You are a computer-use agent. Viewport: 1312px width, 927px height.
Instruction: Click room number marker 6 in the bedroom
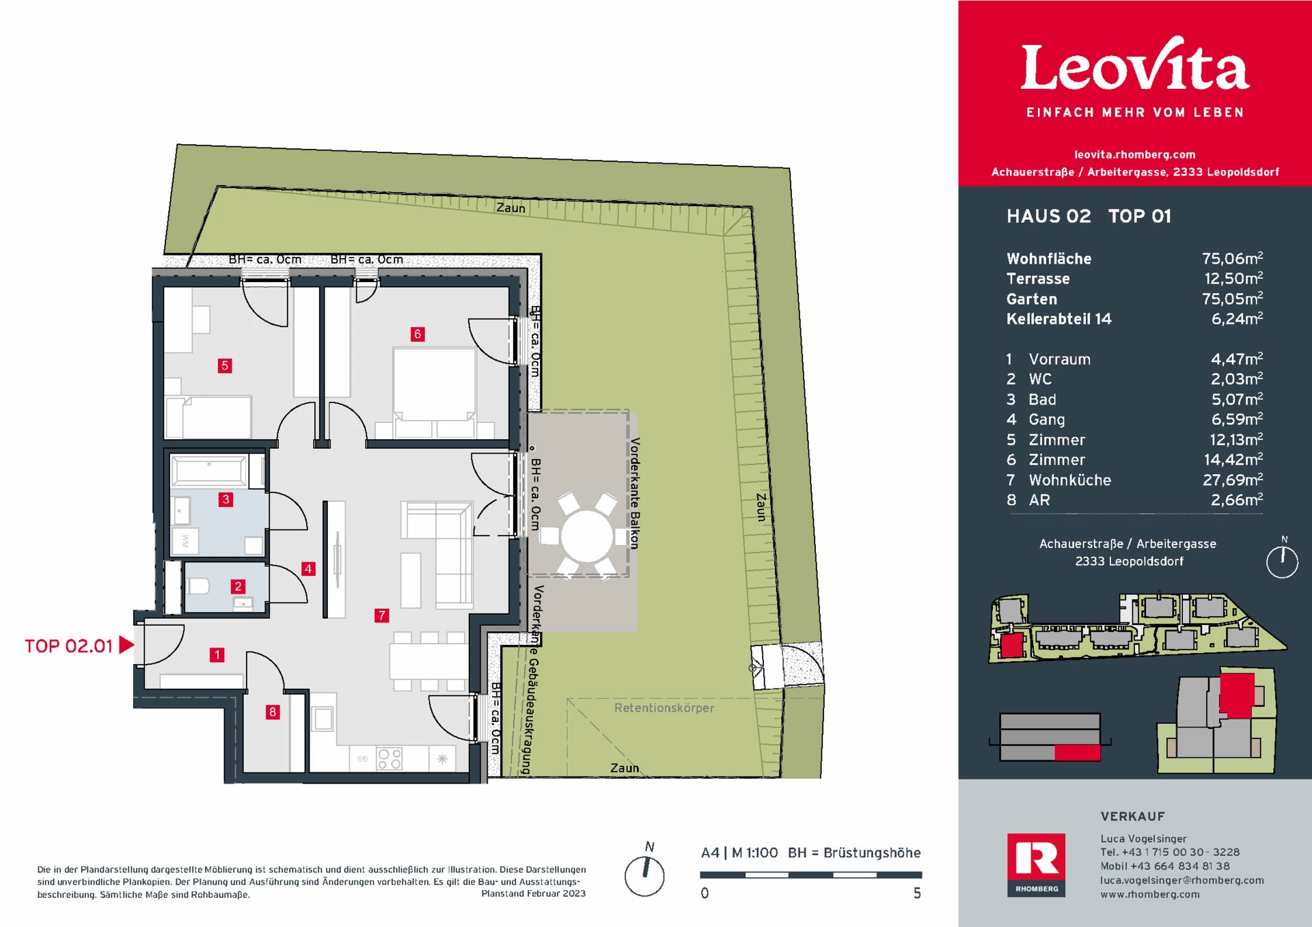[418, 334]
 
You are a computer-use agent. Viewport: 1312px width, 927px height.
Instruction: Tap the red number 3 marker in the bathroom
[225, 499]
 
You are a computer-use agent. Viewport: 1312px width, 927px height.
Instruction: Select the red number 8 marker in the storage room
[273, 712]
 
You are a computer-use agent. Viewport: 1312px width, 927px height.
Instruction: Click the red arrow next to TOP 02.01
[126, 645]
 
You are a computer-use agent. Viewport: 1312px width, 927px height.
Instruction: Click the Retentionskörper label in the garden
[664, 708]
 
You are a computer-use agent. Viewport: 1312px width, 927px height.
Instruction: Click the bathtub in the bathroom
[209, 471]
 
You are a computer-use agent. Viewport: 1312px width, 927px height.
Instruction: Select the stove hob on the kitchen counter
[389, 758]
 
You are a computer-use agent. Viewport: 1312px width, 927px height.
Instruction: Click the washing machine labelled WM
[185, 541]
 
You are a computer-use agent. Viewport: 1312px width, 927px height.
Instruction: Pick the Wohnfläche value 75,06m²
[1232, 258]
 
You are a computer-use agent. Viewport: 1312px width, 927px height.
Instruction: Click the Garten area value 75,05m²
[1232, 299]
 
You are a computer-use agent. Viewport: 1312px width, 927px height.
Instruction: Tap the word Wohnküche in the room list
[1069, 480]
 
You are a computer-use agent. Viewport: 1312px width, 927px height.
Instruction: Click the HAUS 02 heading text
[1048, 217]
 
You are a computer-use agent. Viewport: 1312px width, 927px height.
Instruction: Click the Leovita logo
[1134, 67]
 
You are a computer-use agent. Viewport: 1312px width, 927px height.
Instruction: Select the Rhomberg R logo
[1036, 864]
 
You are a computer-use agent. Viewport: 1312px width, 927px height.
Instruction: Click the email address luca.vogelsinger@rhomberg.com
[1181, 881]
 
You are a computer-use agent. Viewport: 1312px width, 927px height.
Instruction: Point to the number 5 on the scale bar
[917, 894]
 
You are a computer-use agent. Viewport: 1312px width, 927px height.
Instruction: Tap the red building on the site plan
[1011, 645]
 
